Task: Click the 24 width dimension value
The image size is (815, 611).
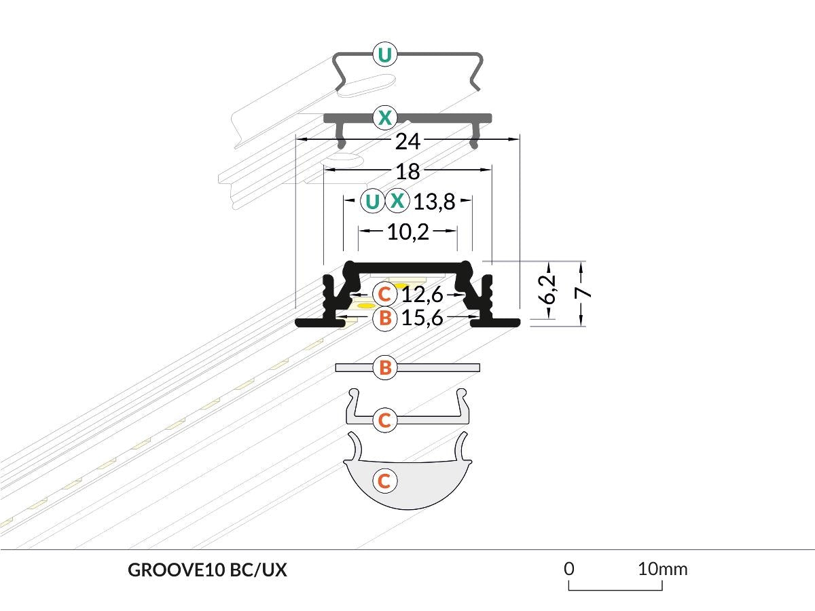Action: (407, 142)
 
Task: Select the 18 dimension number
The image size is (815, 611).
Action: (407, 171)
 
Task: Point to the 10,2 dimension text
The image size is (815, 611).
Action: (407, 232)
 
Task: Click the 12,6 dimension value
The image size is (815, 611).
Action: (422, 295)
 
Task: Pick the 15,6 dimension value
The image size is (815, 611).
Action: (422, 318)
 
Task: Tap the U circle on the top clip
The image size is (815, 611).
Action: (384, 54)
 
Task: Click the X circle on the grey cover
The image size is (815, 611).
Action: (384, 118)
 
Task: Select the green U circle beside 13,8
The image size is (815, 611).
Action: (372, 202)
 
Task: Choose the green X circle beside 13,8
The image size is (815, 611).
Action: (398, 202)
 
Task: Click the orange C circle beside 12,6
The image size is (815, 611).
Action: (384, 295)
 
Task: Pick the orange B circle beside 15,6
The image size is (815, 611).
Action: (384, 318)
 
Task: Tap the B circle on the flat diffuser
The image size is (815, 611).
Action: (384, 368)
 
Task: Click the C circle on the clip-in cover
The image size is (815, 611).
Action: (384, 420)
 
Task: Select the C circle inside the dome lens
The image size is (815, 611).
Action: (384, 481)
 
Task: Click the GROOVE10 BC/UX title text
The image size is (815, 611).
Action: (207, 570)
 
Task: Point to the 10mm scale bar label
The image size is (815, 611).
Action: (662, 568)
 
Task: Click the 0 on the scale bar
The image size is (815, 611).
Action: (569, 568)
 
